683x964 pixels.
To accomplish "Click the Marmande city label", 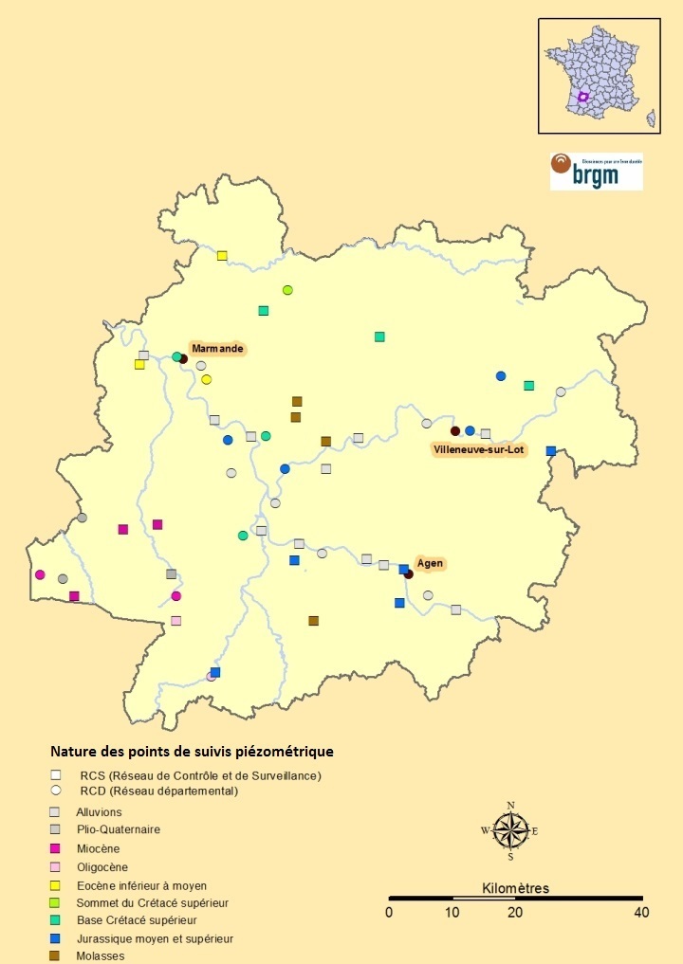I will (x=217, y=349).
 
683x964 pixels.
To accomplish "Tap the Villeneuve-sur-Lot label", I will (x=478, y=449).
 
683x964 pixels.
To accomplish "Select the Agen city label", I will (x=430, y=563).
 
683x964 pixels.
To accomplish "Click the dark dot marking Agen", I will (x=409, y=574).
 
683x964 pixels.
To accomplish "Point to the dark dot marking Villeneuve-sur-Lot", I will (x=455, y=431).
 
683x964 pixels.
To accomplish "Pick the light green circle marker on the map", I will (x=287, y=290).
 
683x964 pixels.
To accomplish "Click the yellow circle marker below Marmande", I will (x=206, y=380).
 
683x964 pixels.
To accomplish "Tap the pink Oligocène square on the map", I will (x=175, y=621).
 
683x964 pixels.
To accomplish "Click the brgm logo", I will (x=596, y=172).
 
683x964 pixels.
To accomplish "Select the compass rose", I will (x=510, y=831).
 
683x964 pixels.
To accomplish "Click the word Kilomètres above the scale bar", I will (x=515, y=888).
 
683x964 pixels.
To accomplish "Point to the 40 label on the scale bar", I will (x=642, y=913).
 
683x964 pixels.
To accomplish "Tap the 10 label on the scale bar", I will (x=452, y=913).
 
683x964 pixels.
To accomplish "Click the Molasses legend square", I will (x=56, y=955).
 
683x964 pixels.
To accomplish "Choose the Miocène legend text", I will (x=98, y=848).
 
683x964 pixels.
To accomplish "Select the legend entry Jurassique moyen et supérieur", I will (x=155, y=938).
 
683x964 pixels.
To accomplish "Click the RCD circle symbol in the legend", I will (x=56, y=790).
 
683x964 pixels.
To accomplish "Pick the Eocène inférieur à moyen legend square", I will (x=56, y=884).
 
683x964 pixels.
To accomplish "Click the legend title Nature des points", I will (x=192, y=752).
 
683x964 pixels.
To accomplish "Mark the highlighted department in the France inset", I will (x=583, y=97).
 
